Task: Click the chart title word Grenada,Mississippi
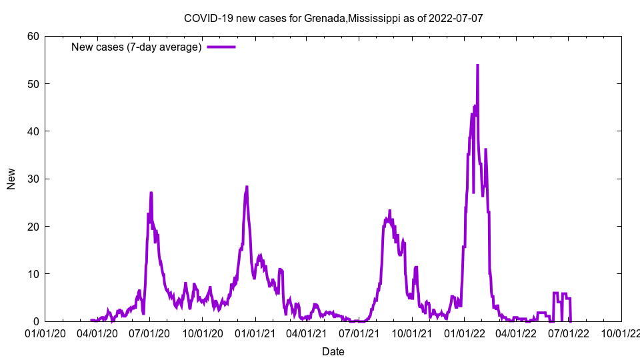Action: pos(352,18)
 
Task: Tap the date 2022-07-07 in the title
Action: pos(457,18)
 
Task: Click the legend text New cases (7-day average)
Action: pos(137,47)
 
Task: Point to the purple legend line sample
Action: pos(221,47)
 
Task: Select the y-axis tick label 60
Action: pos(33,36)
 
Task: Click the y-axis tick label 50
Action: pos(33,83)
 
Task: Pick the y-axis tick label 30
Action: pos(33,179)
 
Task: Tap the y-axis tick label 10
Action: pos(33,274)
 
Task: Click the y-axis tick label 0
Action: pos(36,321)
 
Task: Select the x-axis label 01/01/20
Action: pos(45,333)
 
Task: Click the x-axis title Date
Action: pos(333,351)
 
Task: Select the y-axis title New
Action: pos(11,179)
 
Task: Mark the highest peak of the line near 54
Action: pos(477,65)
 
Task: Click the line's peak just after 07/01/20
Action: pos(151,193)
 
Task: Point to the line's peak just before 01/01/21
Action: pos(247,187)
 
